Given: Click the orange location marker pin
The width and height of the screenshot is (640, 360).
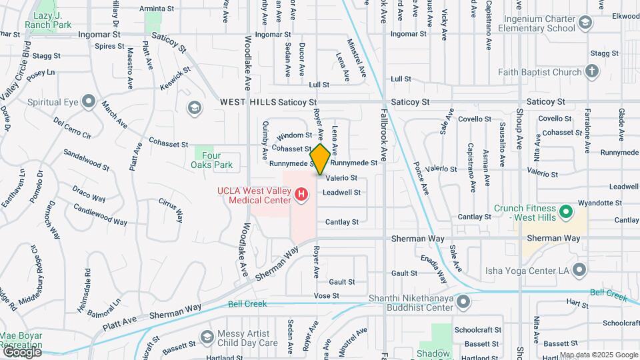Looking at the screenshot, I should pos(320,159).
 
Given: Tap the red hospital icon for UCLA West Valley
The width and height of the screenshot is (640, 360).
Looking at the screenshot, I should pos(301,195).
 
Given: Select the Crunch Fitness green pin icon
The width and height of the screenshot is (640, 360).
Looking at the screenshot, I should pos(566,213).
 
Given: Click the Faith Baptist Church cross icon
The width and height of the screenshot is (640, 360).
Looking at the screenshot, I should pos(591,71).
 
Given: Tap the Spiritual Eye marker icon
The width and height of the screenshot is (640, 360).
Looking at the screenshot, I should pos(87,103).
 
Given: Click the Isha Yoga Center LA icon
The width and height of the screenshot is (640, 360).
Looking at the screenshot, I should pos(579,269).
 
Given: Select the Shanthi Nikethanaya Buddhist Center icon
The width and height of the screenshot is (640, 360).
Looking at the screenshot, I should pos(463,303).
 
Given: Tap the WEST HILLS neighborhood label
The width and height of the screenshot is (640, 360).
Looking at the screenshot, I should pos(248,103).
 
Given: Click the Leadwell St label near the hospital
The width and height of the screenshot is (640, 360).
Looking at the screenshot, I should pos(341,193).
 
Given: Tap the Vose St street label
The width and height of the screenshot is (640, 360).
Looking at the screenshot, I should pos(327,295).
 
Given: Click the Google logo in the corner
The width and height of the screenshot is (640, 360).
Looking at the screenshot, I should pos(21,351).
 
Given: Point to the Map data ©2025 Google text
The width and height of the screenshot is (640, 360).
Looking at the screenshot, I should pos(598,355).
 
